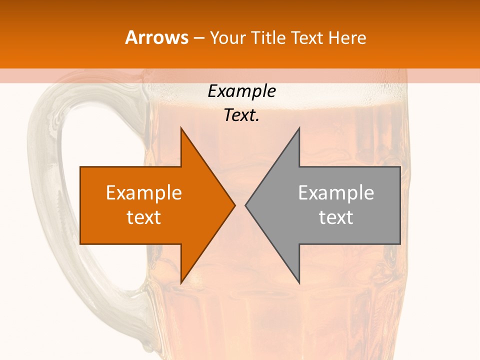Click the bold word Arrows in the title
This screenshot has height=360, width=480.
156,37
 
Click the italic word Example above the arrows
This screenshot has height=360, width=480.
241,91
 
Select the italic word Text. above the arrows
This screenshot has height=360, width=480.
241,115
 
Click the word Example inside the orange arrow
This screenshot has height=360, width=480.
144,193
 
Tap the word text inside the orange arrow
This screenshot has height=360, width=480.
144,217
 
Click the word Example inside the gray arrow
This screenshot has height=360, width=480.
336,193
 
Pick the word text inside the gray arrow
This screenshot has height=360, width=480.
336,217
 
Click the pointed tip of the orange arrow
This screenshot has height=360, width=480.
234,205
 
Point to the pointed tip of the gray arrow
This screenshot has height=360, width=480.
245,205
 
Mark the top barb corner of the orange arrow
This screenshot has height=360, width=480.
181,128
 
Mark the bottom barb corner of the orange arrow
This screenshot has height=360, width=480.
181,283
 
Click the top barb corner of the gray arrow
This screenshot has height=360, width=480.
299,128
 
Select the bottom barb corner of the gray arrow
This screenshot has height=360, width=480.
299,283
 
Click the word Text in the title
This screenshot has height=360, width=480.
307,38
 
